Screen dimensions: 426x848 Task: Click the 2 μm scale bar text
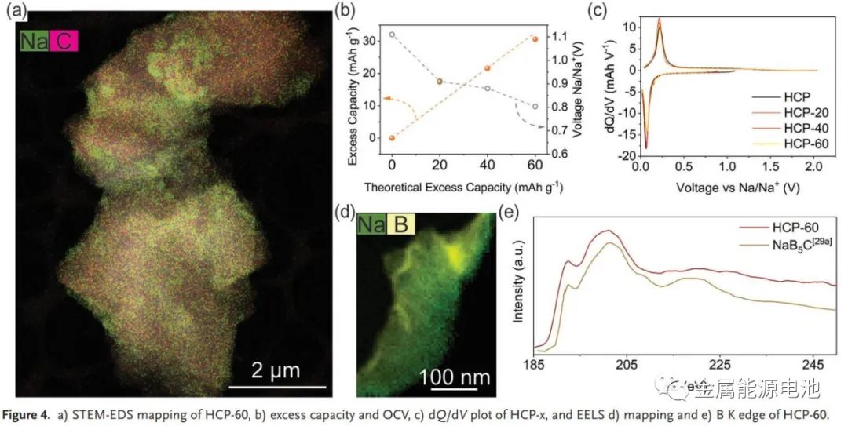click(x=275, y=370)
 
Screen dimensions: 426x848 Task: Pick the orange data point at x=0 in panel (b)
click(x=392, y=138)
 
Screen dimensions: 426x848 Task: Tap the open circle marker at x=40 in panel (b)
click(x=487, y=89)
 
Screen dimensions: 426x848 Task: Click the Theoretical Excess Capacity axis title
click(x=464, y=188)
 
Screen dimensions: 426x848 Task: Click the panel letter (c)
click(x=596, y=10)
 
